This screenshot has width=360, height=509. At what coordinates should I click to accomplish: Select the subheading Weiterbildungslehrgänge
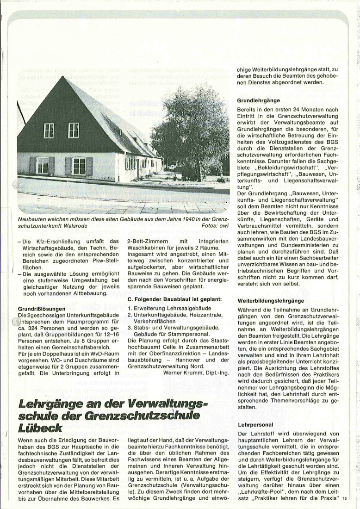point(271,300)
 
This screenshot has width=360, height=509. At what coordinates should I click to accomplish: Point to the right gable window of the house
point(74,130)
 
